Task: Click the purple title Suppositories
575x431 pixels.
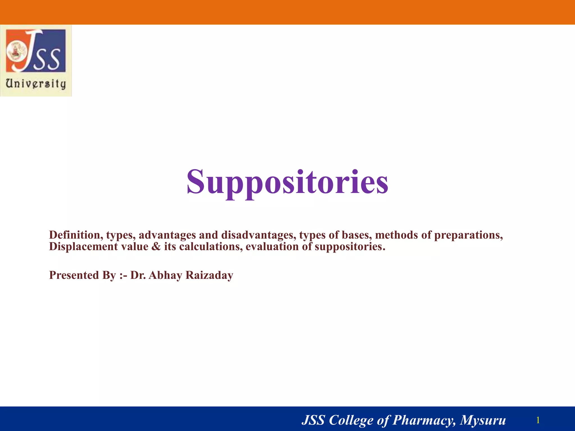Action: coord(287,182)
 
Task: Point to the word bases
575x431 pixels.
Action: coord(356,235)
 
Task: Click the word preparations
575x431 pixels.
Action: coord(468,235)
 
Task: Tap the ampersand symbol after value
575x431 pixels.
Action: coord(156,247)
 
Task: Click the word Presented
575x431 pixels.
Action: coord(74,275)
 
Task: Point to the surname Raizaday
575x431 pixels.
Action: coord(209,275)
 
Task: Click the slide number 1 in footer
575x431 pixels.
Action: coord(538,420)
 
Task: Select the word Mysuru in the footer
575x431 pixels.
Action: coord(483,420)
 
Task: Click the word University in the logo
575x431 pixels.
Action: coord(36,84)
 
